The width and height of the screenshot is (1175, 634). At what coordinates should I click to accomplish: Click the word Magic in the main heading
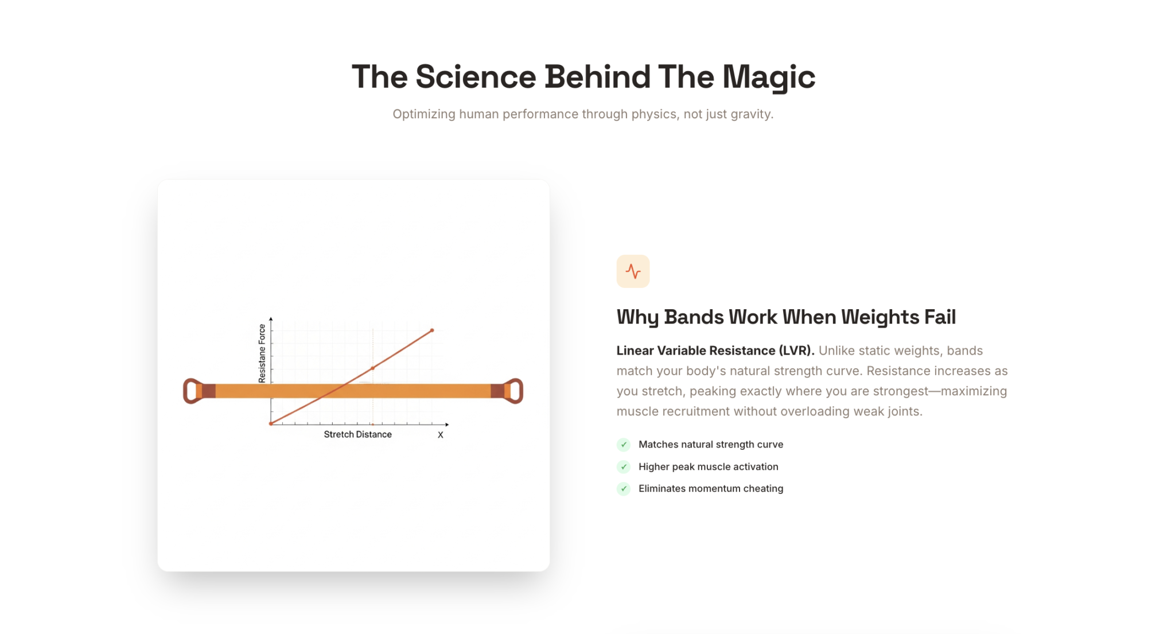pos(769,77)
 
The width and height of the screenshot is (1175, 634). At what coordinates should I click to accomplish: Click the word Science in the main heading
pos(476,77)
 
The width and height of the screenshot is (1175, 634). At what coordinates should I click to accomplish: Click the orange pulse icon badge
pos(633,271)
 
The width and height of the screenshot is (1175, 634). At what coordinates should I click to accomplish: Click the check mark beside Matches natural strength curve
pos(624,445)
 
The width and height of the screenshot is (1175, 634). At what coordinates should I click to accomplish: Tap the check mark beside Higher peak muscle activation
pos(624,466)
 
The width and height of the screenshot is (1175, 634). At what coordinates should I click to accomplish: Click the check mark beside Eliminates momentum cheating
pos(624,489)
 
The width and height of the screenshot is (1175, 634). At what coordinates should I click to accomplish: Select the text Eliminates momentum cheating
pos(711,489)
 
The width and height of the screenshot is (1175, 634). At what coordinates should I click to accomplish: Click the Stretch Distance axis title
pos(357,434)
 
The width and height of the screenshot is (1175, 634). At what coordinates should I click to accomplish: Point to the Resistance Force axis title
pos(262,353)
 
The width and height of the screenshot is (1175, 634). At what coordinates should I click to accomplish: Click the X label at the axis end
pos(441,435)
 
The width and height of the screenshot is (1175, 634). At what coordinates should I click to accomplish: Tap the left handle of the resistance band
pos(193,391)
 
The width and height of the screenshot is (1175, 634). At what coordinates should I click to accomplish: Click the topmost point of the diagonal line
pos(432,330)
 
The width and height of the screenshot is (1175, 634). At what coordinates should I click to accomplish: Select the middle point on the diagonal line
pos(373,368)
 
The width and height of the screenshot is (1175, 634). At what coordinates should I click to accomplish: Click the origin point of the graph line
pos(271,423)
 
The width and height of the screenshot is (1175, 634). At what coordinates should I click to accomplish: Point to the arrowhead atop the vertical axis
pos(271,318)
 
